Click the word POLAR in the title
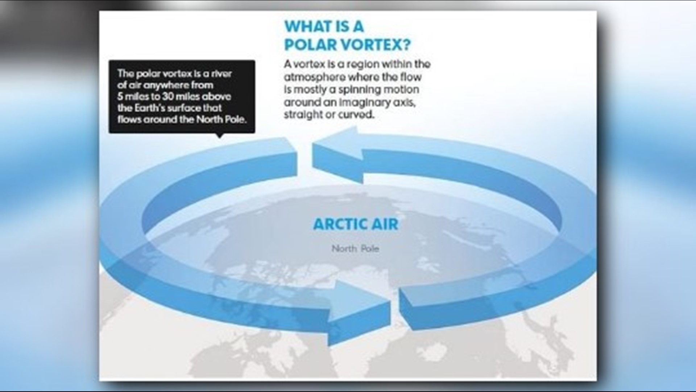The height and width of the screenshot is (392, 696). click(x=310, y=45)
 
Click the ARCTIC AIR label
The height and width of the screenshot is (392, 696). click(x=356, y=224)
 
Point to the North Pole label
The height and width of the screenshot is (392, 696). click(x=355, y=249)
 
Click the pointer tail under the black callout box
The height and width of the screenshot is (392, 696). click(x=219, y=135)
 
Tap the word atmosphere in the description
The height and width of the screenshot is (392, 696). click(x=314, y=77)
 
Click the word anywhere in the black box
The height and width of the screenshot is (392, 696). click(x=166, y=85)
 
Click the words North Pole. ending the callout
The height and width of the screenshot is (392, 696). click(x=222, y=119)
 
